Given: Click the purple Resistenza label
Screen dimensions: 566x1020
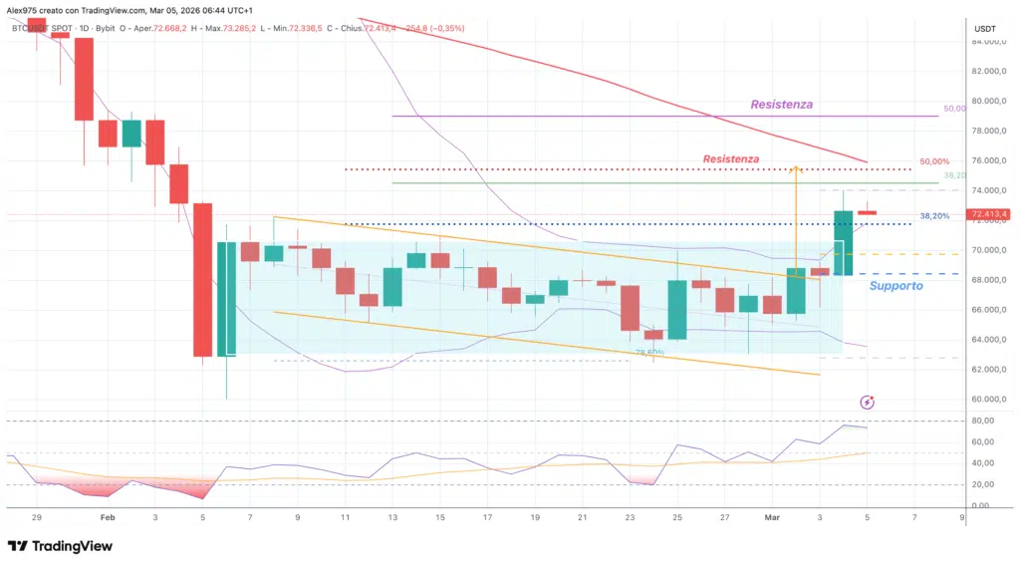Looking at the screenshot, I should coord(781,104).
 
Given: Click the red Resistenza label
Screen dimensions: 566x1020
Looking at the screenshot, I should coord(730,158).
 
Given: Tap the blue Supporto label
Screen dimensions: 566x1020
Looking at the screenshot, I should coord(894,286).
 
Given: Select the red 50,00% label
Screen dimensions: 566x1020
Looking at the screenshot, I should coord(934,161).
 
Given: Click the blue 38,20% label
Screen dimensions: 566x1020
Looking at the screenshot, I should coord(933,215).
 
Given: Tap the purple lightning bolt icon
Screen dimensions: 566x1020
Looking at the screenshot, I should coord(867,403).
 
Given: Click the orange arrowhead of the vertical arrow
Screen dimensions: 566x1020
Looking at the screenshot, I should coord(796,169).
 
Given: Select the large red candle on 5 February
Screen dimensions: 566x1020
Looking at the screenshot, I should coord(203,279).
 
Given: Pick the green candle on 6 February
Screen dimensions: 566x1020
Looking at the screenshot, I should coord(226,298).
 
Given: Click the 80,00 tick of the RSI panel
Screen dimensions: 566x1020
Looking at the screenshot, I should coord(981,421).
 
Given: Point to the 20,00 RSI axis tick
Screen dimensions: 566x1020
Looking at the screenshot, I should coord(981,484).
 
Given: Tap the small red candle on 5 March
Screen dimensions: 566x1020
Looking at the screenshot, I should coord(867,212).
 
